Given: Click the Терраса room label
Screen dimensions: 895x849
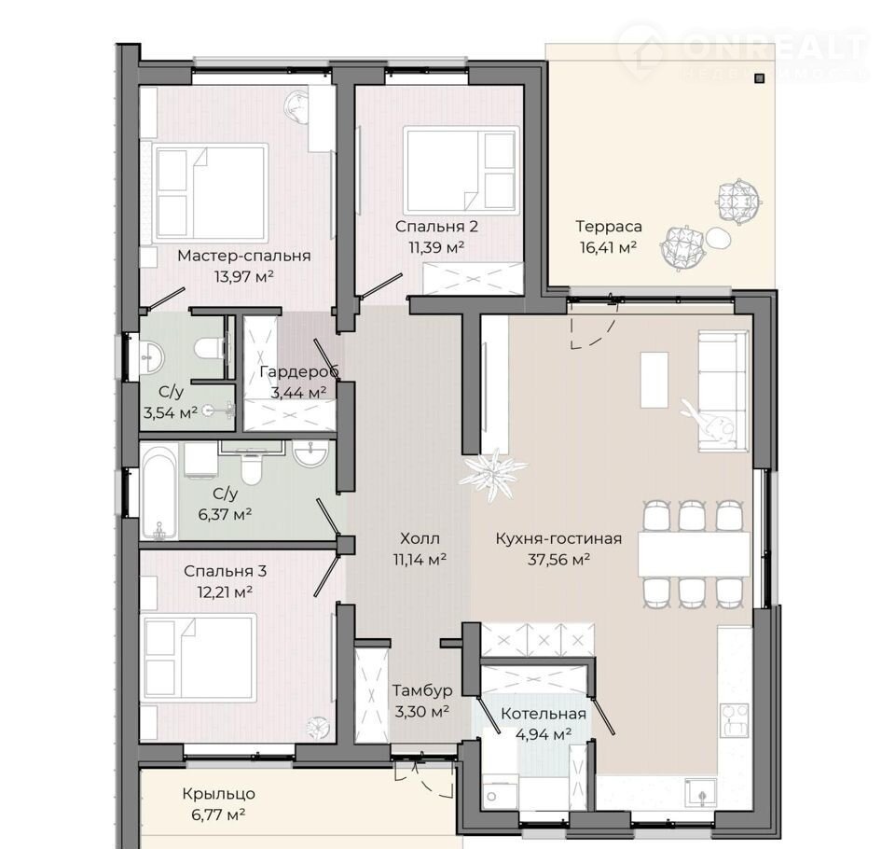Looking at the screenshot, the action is click(x=609, y=227).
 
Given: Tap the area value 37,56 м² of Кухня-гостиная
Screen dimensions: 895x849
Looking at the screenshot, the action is click(x=558, y=560).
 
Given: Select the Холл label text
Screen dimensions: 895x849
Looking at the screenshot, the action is click(x=420, y=538).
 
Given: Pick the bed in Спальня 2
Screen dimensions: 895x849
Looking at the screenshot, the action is click(x=461, y=170).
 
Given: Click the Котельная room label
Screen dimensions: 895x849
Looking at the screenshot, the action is click(x=544, y=714).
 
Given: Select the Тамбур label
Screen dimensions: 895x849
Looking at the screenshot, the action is click(x=422, y=690).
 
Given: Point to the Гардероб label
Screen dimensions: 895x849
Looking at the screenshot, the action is click(x=299, y=372).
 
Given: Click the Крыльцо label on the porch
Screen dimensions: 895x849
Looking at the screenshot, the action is click(x=218, y=794).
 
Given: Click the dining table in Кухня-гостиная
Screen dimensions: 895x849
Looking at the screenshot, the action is click(x=694, y=554).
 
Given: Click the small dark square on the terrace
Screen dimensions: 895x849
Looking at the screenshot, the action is click(x=759, y=78).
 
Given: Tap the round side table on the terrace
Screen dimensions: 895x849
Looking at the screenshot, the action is click(x=718, y=237).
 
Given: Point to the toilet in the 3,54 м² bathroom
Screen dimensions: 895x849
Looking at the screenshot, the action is click(x=208, y=347).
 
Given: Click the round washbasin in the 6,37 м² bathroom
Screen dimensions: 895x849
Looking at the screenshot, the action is click(x=310, y=454).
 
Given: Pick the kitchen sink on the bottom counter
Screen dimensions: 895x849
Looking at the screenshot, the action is click(x=701, y=792).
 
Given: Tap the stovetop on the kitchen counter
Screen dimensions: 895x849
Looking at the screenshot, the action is click(x=736, y=720).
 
